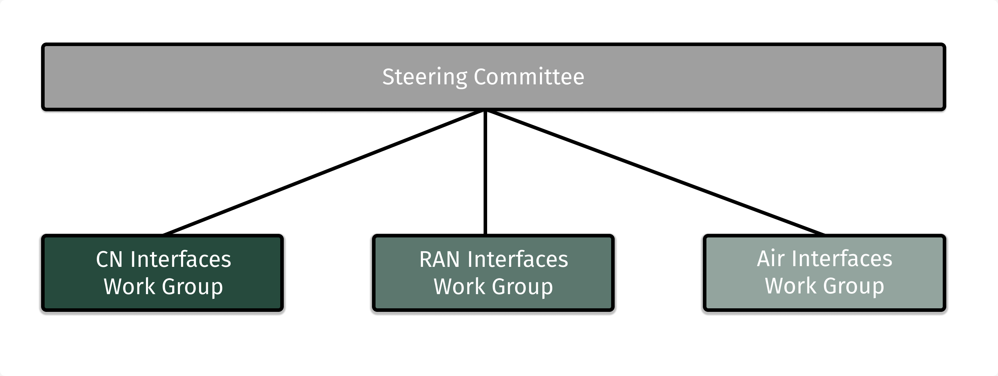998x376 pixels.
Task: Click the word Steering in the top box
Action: [425, 77]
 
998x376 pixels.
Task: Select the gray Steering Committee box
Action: [232, 77]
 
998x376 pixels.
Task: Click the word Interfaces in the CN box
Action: [181, 259]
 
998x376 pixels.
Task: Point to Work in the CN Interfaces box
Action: [129, 286]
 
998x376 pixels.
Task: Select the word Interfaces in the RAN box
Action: [518, 259]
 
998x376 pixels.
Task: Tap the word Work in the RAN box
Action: [459, 286]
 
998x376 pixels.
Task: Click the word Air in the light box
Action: [771, 259]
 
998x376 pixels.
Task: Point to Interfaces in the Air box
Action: [842, 259]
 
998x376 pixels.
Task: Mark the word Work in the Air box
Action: [790, 286]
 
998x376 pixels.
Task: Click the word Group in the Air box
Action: [853, 286]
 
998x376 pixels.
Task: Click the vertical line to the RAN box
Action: [485, 173]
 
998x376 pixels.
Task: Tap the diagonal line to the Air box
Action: [655, 173]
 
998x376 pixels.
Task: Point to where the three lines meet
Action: [485, 111]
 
